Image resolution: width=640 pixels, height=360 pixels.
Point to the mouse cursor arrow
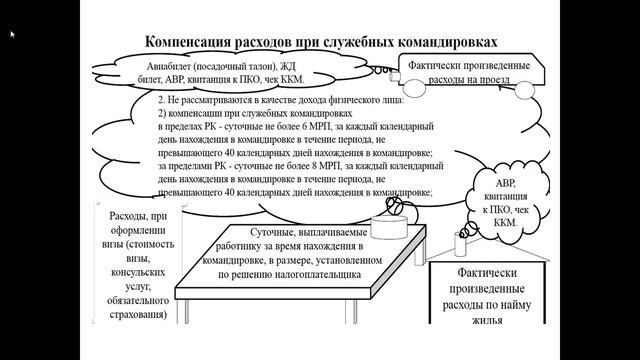(12, 34)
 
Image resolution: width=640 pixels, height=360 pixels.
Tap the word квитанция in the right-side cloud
(502, 199)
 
